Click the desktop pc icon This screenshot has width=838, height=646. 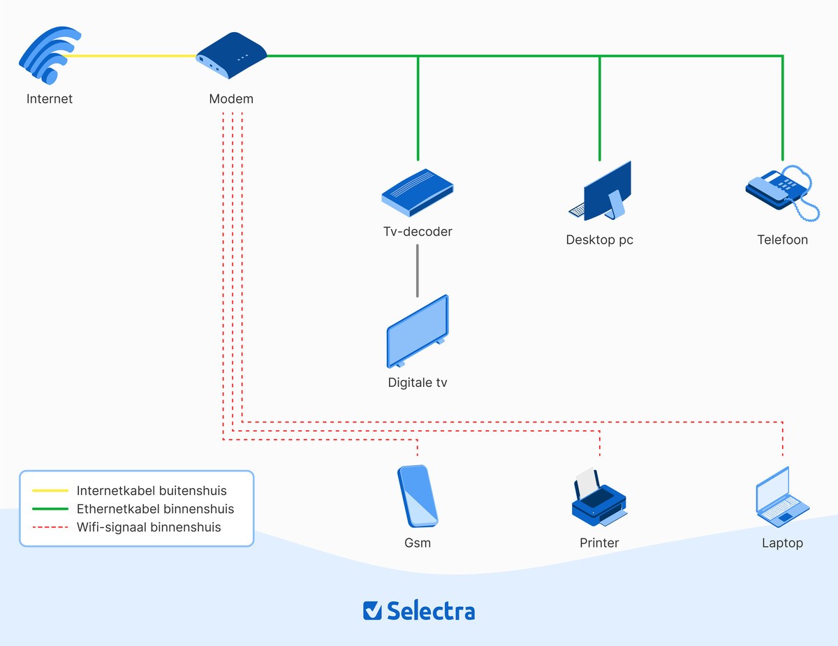point(601,192)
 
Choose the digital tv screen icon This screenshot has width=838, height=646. point(418,332)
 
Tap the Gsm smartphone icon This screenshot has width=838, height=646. point(418,496)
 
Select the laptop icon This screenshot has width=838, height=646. point(781,497)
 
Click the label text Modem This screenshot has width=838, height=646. point(231,99)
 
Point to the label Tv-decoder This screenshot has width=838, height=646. point(418,232)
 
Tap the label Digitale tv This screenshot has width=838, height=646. point(418,383)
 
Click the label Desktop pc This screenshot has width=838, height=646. point(599,240)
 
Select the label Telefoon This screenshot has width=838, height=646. point(782,240)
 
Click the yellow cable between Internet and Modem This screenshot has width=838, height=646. point(133,57)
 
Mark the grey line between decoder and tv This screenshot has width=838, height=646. point(418,270)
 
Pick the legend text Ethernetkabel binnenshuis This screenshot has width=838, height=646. point(155,509)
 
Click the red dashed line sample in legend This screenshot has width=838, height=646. point(50,527)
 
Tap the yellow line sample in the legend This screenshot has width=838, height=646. point(50,491)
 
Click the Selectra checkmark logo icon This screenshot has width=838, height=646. point(373,610)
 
